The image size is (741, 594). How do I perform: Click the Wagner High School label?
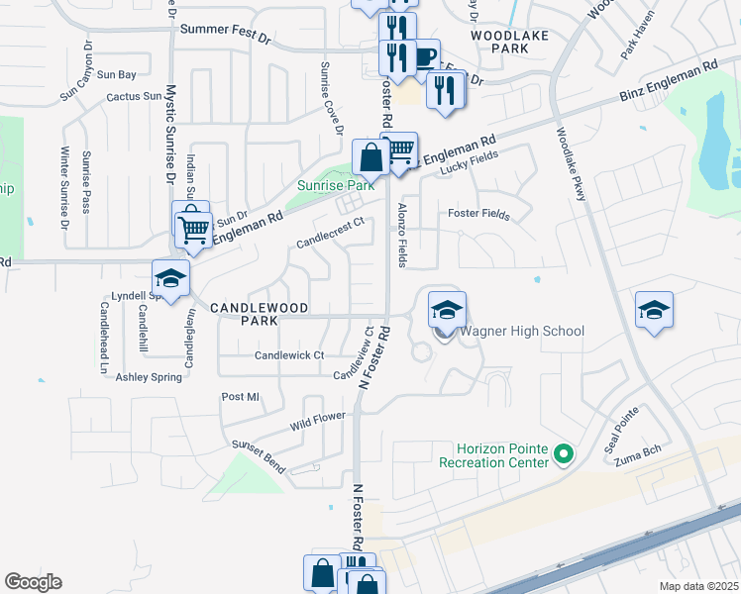[x=521, y=332]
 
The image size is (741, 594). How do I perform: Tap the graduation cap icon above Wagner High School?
[x=447, y=310]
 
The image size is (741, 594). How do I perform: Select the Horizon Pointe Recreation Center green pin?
[x=565, y=455]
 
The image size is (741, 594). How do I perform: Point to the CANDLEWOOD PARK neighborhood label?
[x=244, y=315]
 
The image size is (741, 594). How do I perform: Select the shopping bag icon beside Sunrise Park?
[x=370, y=156]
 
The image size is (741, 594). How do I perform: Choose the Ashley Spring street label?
[x=150, y=377]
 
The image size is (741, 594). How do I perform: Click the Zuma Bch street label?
[x=636, y=461]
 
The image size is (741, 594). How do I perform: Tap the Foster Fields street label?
[x=477, y=213]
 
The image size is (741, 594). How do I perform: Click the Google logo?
[x=33, y=582]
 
